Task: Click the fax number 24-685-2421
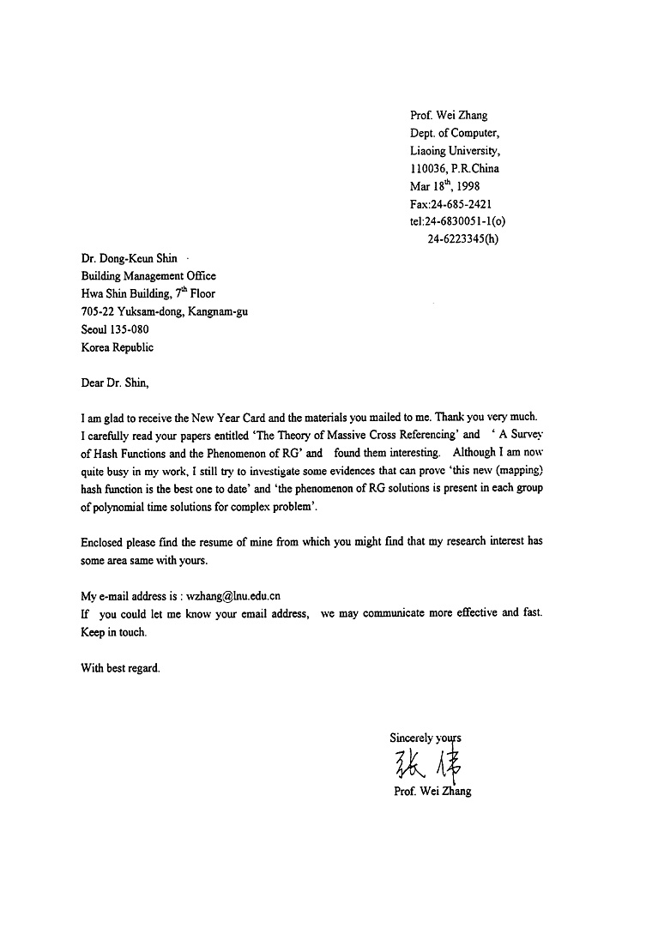[x=461, y=204]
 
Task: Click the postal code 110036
[x=429, y=168]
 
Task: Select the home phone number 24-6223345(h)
[x=462, y=239]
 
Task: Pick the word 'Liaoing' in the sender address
[x=428, y=150]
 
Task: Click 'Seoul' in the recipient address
[x=96, y=330]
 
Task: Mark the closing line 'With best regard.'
[x=120, y=668]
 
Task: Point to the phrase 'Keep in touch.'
[x=113, y=632]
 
